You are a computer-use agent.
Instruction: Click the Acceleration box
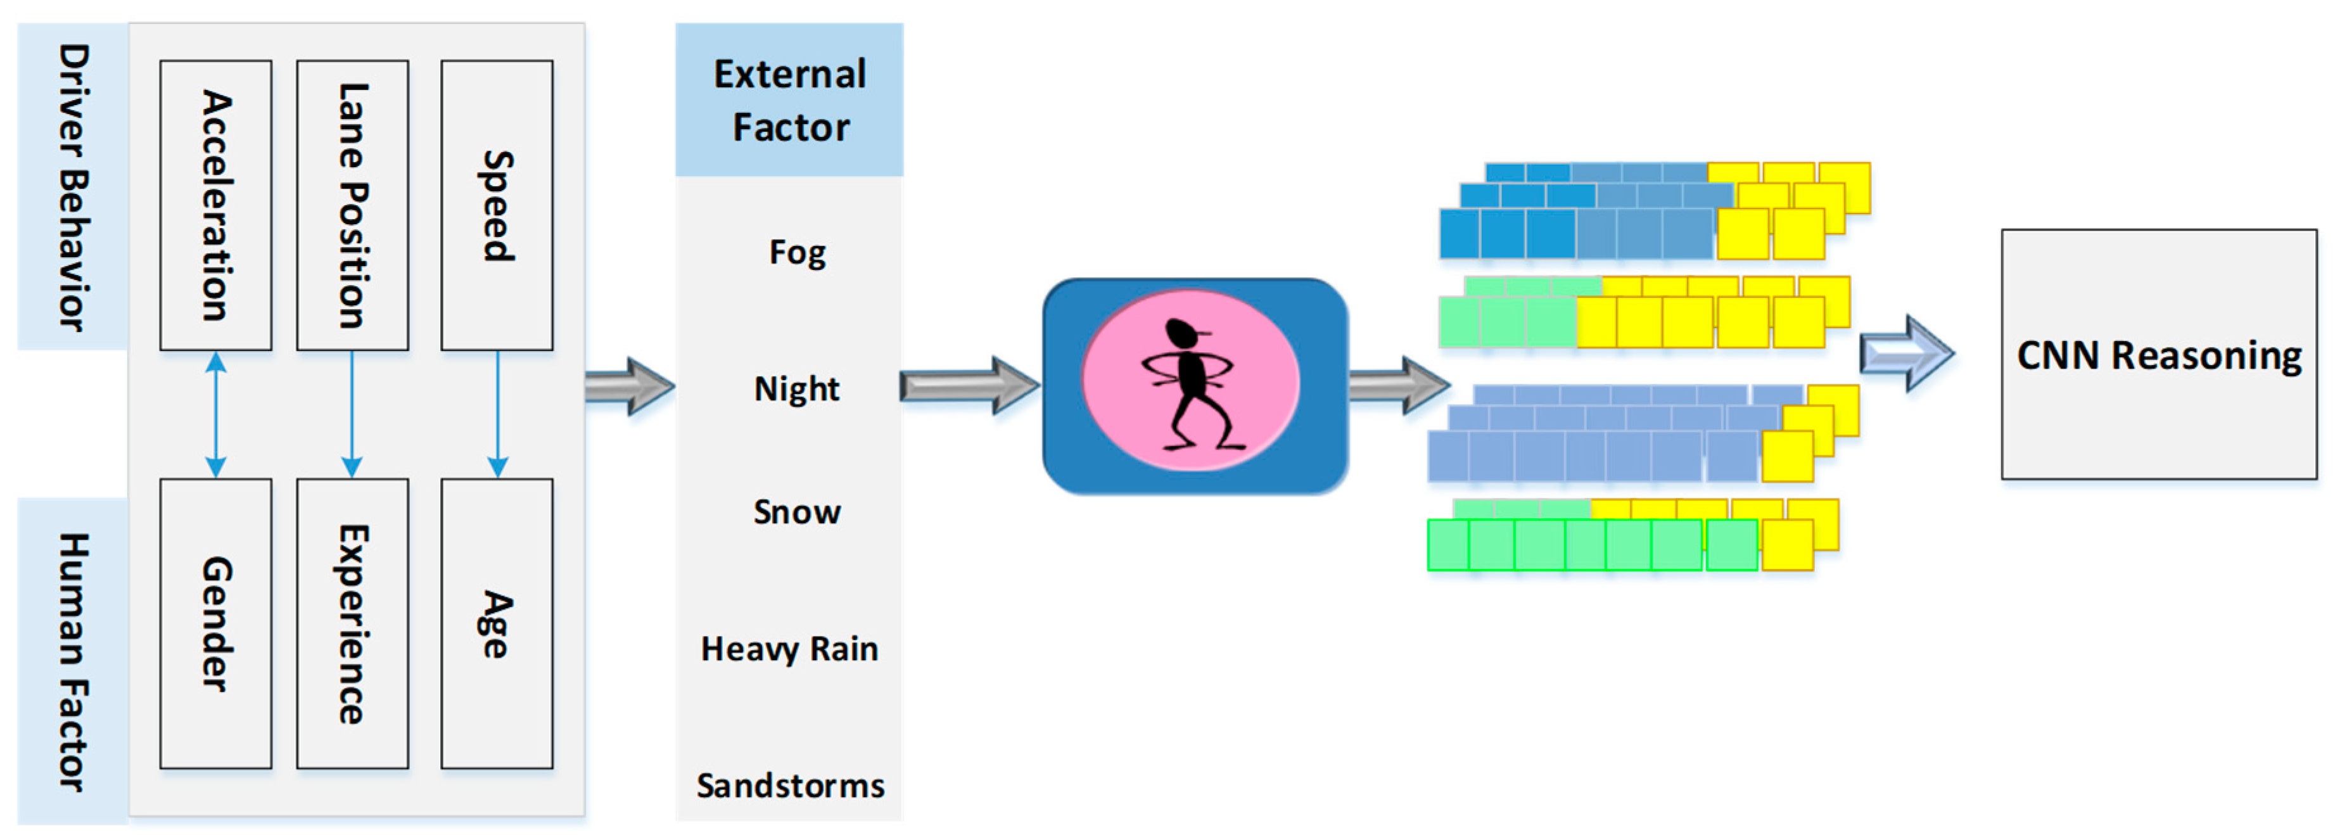[x=216, y=205]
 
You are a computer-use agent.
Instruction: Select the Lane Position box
[x=353, y=205]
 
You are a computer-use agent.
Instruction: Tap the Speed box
[x=497, y=205]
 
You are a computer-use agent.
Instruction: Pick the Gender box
[x=216, y=624]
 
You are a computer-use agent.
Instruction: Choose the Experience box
[x=353, y=624]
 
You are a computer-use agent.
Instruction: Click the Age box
[x=497, y=624]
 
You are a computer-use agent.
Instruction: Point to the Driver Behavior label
[x=72, y=187]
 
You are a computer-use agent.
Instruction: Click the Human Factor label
[x=72, y=662]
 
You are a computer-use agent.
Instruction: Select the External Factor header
[x=789, y=99]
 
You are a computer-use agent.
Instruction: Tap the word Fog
[x=797, y=252]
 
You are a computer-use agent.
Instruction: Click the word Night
[x=797, y=389]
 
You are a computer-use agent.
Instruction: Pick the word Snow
[x=797, y=513]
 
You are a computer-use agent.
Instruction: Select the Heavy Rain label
[x=789, y=649]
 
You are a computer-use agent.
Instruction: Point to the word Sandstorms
[x=789, y=785]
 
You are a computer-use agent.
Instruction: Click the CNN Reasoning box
[x=2158, y=355]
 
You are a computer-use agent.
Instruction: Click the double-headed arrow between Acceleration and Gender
[x=216, y=414]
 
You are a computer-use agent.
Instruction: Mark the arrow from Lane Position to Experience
[x=353, y=414]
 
